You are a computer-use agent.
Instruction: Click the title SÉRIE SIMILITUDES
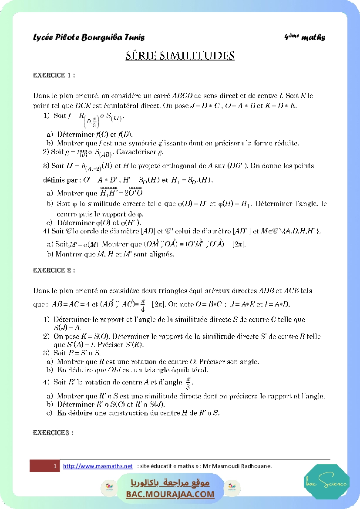pyautogui.click(x=180, y=56)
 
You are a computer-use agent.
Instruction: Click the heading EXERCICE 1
pyautogui.click(x=54, y=75)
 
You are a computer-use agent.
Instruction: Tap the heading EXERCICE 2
pyautogui.click(x=54, y=270)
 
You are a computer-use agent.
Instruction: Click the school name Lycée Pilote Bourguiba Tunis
pyautogui.click(x=89, y=37)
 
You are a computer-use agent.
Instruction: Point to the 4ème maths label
pyautogui.click(x=304, y=37)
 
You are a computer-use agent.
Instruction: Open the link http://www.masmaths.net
pyautogui.click(x=98, y=466)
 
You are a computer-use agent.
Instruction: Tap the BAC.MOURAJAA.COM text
pyautogui.click(x=170, y=494)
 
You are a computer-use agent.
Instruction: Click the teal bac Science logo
pyautogui.click(x=326, y=482)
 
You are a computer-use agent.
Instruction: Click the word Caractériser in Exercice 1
pyautogui.click(x=134, y=152)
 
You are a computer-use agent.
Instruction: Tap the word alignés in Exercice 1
pyautogui.click(x=161, y=254)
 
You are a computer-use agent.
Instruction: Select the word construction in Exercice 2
pyautogui.click(x=122, y=412)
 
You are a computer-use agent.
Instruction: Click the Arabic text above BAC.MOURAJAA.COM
pyautogui.click(x=170, y=483)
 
